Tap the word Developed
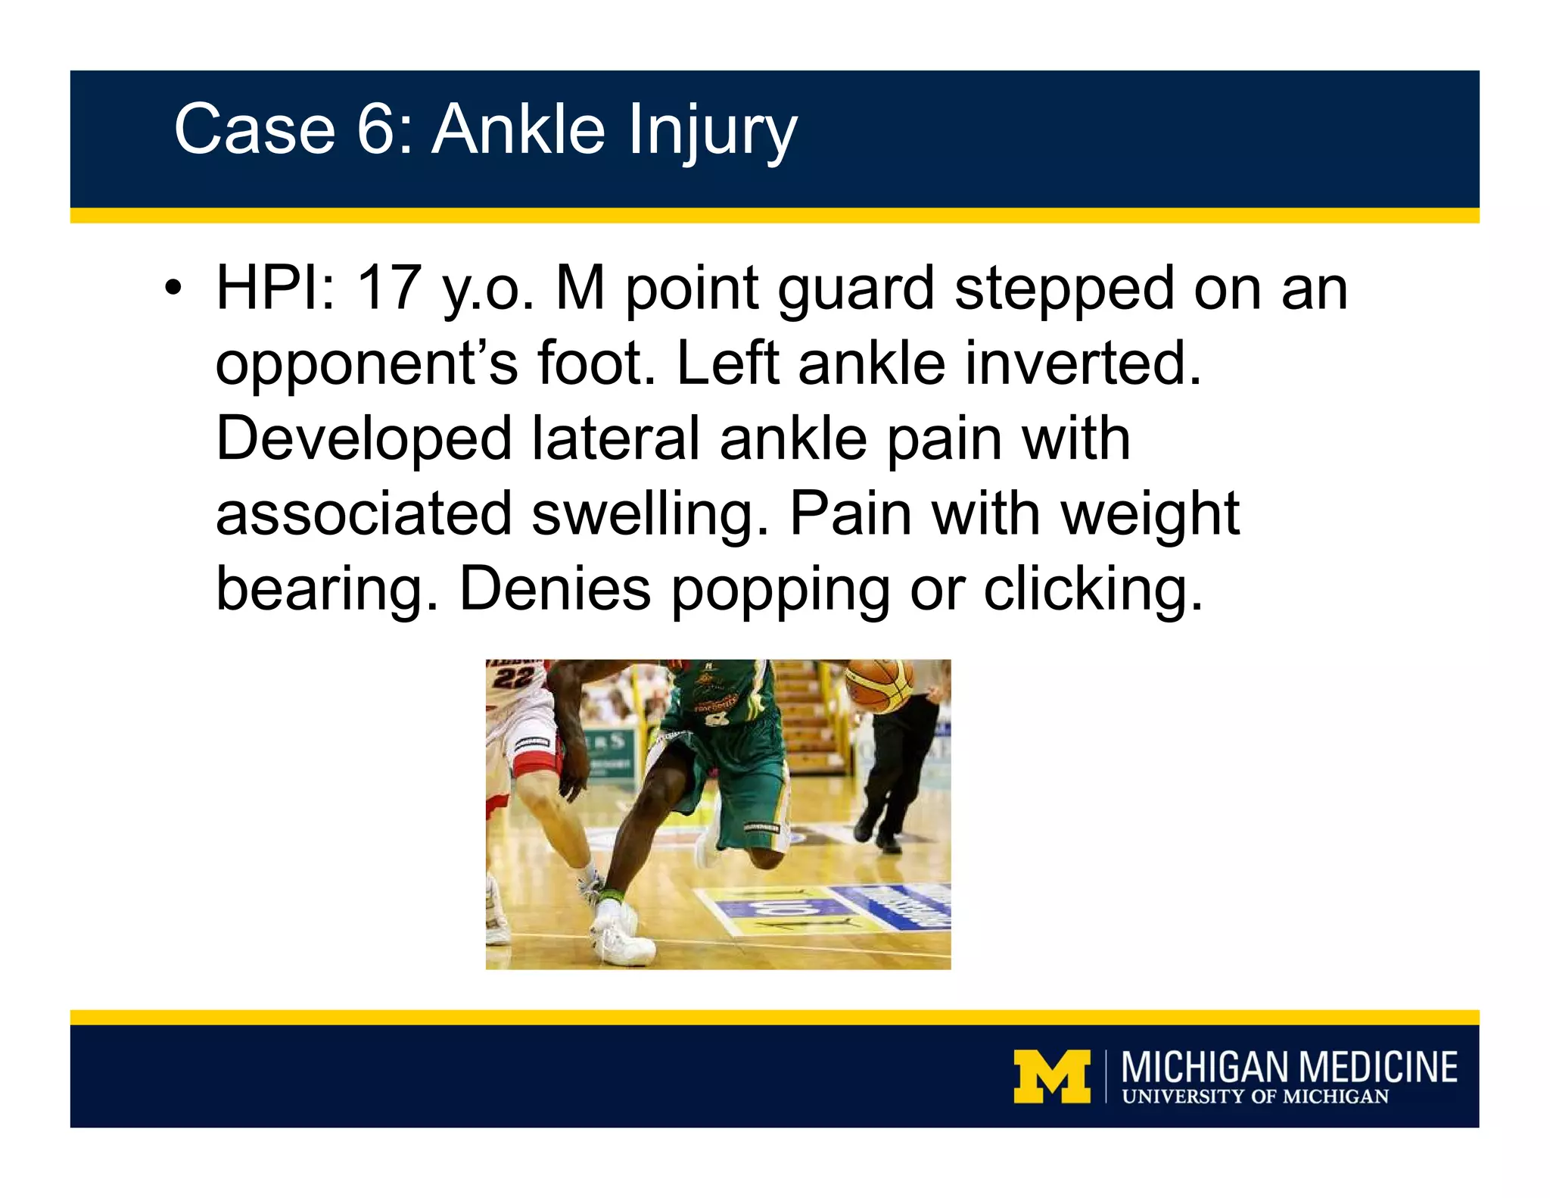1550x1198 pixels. [364, 439]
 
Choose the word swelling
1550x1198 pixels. [650, 515]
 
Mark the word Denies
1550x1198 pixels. [555, 589]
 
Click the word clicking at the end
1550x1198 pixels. [1093, 591]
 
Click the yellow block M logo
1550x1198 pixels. [1051, 1075]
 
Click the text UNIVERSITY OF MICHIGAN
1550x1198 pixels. [1255, 1097]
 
